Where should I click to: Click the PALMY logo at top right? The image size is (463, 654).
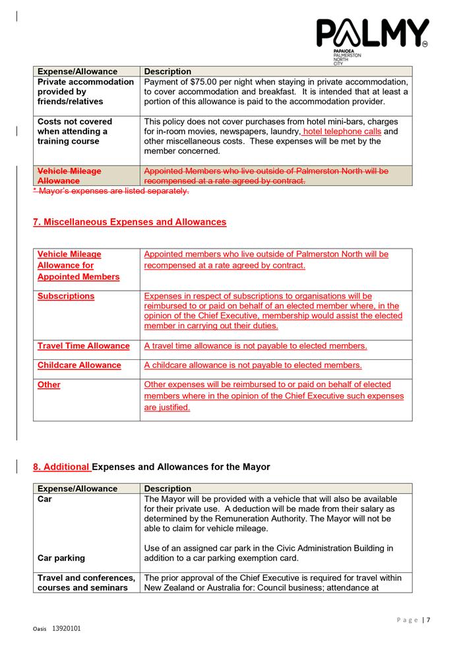372,35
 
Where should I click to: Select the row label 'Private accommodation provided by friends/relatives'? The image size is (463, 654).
86,92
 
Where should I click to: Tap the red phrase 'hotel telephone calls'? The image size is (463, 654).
342,131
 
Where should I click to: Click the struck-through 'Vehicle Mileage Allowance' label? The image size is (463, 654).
69,176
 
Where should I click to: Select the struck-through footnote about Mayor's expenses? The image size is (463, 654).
111,191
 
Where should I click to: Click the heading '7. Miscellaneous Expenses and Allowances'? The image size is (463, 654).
129,222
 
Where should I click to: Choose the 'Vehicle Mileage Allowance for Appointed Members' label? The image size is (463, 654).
78,265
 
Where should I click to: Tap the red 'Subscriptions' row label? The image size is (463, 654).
66,296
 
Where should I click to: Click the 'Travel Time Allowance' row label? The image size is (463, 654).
84,345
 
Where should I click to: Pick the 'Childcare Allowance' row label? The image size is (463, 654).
79,365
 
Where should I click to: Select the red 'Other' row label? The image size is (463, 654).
49,384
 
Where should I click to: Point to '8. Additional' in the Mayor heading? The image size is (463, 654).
61,467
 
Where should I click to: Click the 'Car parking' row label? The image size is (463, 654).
61,558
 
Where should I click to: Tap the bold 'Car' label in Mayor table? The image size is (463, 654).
45,499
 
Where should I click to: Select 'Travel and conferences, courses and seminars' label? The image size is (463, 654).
82,582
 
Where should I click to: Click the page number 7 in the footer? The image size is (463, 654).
429,620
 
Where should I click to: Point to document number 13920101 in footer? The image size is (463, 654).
66,629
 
